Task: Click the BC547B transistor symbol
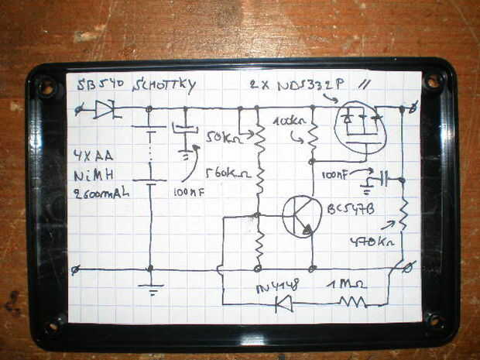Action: pyautogui.click(x=301, y=216)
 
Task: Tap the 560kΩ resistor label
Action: pyautogui.click(x=226, y=173)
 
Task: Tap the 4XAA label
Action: pyautogui.click(x=93, y=155)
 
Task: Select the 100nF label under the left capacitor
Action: pyautogui.click(x=188, y=191)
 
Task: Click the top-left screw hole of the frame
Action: pyautogui.click(x=46, y=86)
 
